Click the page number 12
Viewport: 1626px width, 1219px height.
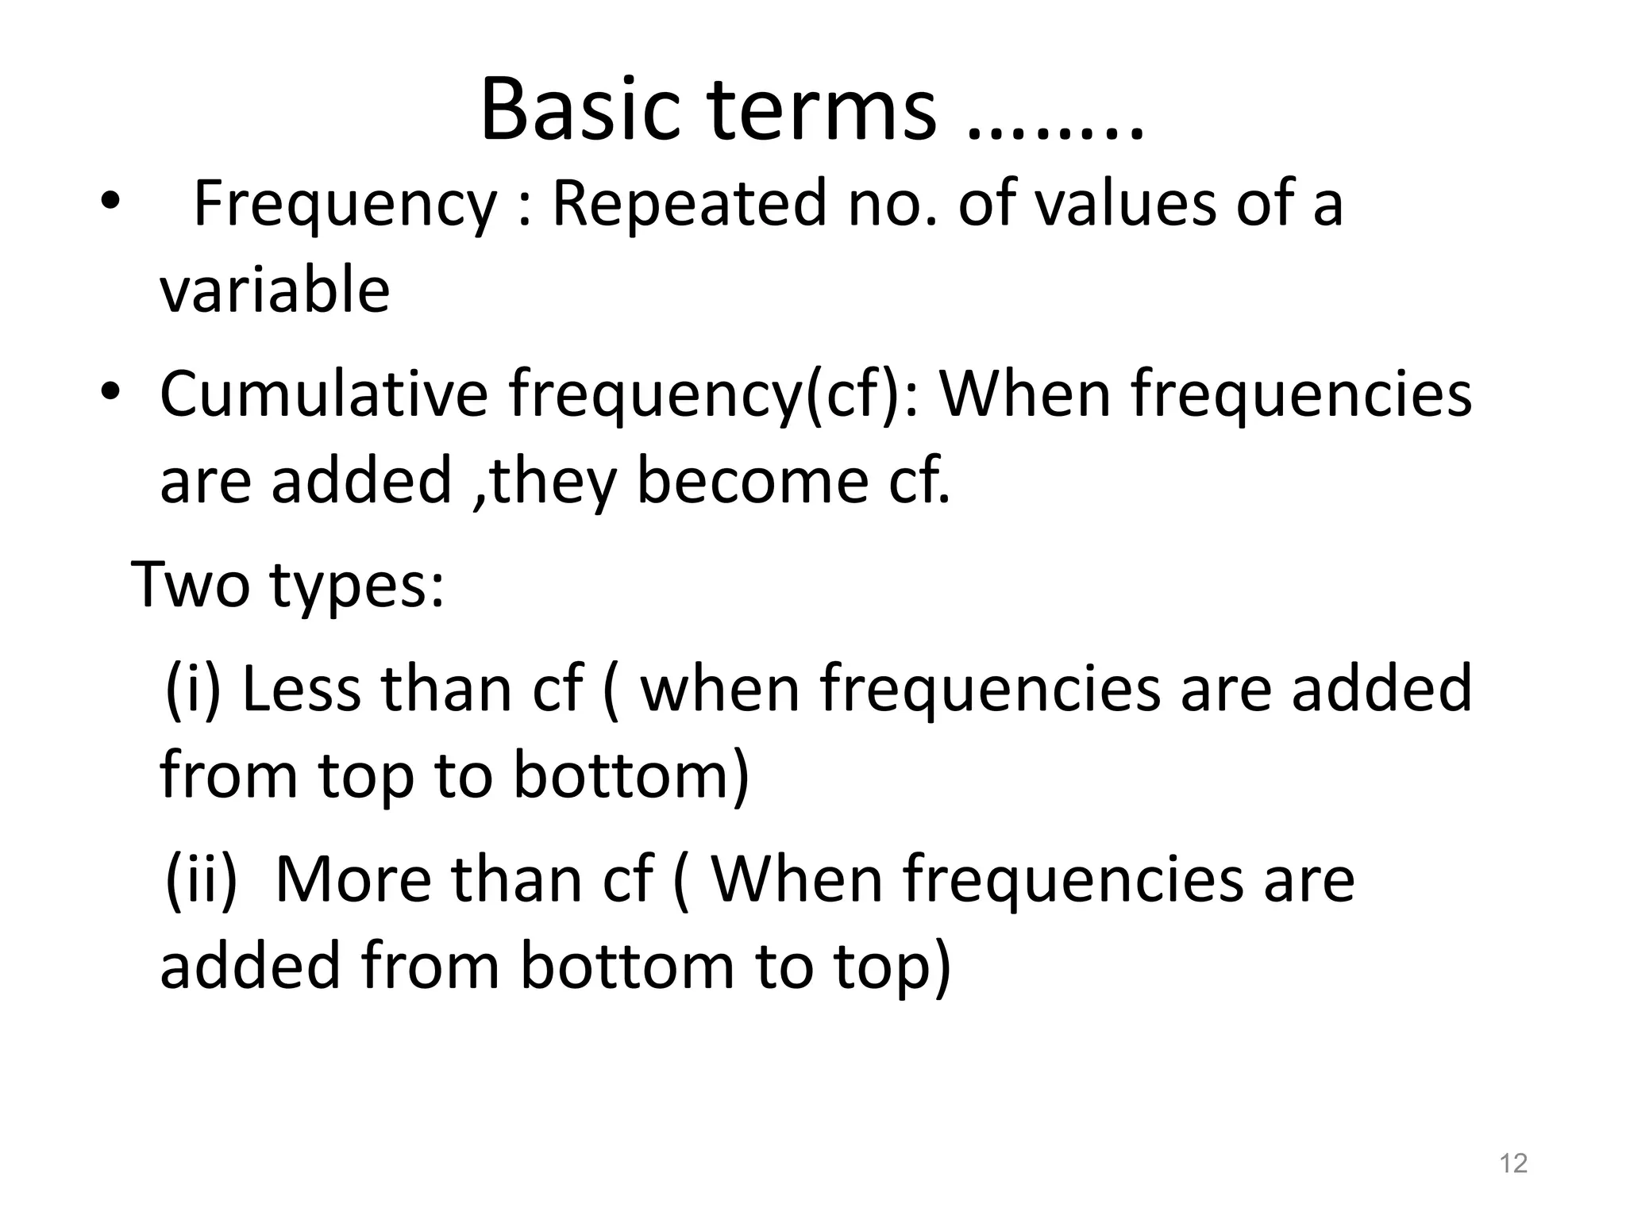point(1513,1163)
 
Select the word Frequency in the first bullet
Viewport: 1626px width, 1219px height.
point(345,204)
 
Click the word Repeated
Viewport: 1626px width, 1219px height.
point(689,204)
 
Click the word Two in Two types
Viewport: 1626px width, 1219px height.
point(191,584)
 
